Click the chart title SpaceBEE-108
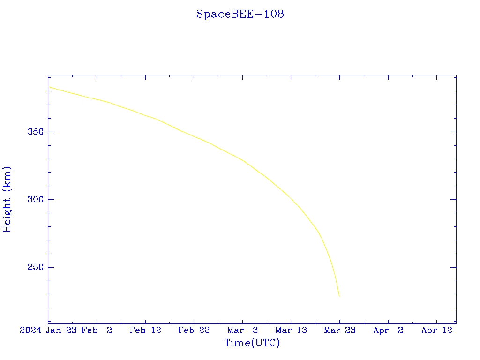240,14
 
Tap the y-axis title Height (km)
7,199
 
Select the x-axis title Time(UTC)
252,343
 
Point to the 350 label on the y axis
36,132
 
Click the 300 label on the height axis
36,200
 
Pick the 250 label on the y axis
36,267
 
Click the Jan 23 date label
62,330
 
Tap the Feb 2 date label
97,330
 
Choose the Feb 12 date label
145,330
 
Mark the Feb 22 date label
194,330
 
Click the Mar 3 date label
243,330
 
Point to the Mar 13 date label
291,330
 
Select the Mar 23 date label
340,330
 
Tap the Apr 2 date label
388,330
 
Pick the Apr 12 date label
437,330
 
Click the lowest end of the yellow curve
339,296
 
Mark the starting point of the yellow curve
48,87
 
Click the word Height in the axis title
7,213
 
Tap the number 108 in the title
274,14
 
